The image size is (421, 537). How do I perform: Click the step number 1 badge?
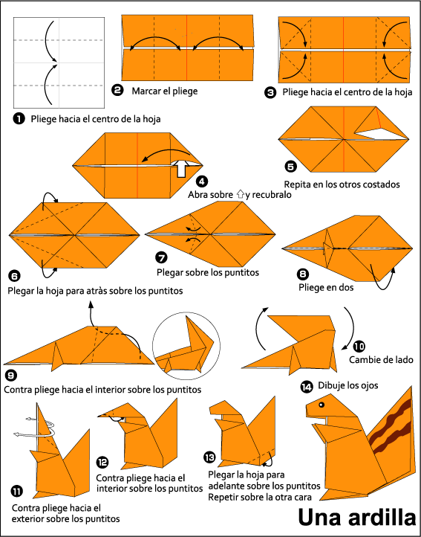click(19, 118)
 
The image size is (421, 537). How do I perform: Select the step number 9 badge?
click(10, 375)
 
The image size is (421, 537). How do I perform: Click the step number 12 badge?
click(102, 462)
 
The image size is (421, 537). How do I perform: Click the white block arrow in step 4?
click(180, 168)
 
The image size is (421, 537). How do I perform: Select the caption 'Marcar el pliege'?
click(165, 91)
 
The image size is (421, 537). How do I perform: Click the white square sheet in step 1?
click(59, 62)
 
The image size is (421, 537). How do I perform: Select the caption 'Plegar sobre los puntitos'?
click(208, 272)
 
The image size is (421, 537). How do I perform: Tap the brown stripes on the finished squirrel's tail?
click(391, 428)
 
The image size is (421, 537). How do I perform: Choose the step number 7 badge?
click(162, 258)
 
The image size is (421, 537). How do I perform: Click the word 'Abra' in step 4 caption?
click(201, 195)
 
